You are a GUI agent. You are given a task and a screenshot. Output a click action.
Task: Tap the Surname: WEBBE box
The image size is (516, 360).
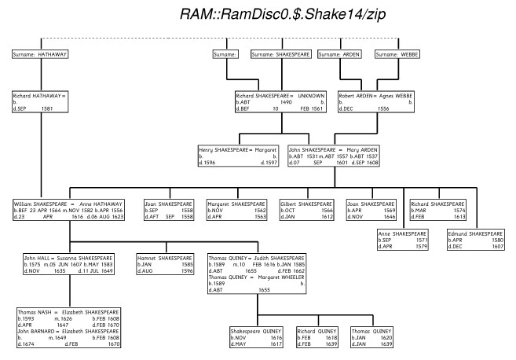393,54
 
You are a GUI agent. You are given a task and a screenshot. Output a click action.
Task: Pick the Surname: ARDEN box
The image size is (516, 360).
339,54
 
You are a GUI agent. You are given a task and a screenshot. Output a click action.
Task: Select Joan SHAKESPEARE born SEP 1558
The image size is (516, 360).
169,210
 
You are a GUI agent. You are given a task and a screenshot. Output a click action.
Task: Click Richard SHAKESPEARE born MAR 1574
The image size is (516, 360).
437,210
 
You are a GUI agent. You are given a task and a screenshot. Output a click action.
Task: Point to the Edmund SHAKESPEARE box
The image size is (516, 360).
474,240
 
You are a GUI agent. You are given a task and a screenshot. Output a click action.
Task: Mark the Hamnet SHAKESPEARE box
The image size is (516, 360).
168,263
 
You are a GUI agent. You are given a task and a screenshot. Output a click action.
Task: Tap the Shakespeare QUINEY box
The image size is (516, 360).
255,337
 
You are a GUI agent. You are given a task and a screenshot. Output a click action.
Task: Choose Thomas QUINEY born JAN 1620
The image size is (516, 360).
371,337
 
